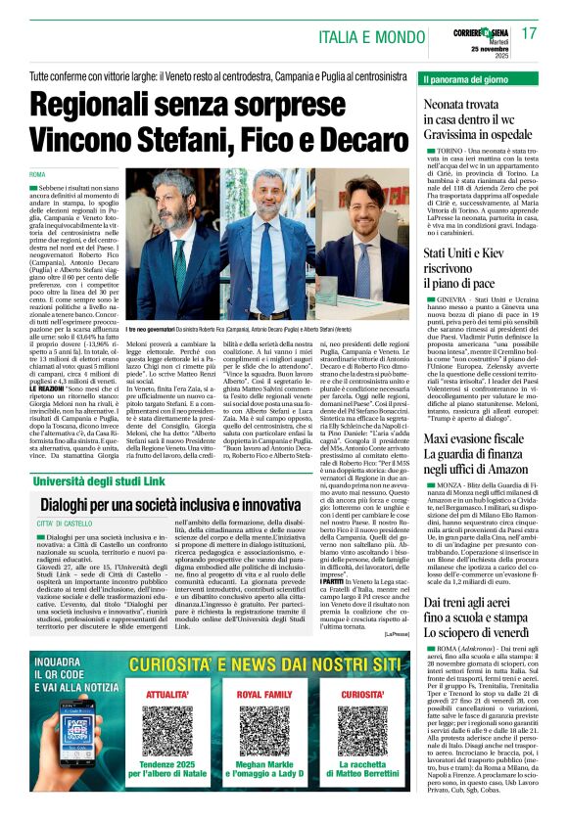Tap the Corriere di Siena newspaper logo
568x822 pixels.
pos(473,29)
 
